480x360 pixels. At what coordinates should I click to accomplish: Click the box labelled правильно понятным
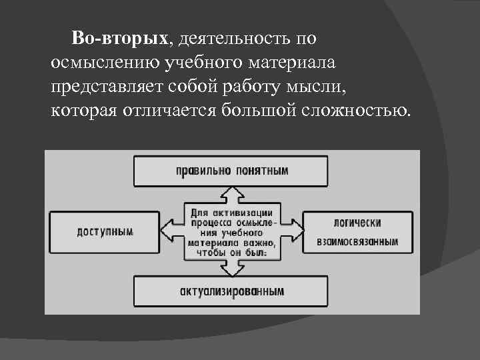231,171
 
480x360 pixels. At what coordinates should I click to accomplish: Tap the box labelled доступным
105,232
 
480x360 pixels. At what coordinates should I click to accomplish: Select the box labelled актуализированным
231,291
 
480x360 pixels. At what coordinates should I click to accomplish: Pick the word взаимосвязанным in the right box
357,241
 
